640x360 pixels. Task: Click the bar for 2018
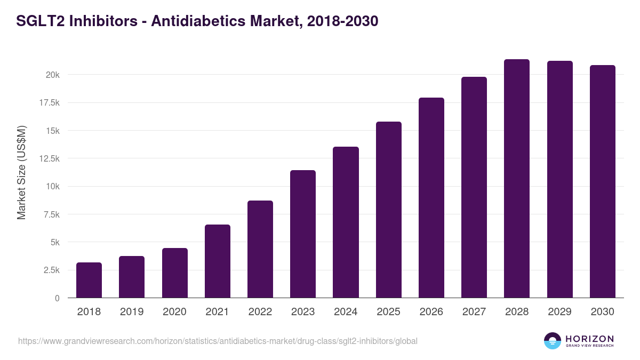89,280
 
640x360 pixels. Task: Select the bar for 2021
218,261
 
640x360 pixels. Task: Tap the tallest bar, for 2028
517,179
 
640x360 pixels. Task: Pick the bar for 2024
346,222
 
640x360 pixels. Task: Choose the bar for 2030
602,181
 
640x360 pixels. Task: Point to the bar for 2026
431,198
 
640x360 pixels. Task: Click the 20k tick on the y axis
52,75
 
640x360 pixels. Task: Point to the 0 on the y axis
57,298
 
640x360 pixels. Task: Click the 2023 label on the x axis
303,312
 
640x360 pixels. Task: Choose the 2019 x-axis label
132,312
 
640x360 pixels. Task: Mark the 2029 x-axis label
559,312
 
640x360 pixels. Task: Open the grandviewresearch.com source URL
218,341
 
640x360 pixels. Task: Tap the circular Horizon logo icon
553,341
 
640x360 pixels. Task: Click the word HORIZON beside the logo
589,339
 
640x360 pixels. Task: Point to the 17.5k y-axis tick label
48,103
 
